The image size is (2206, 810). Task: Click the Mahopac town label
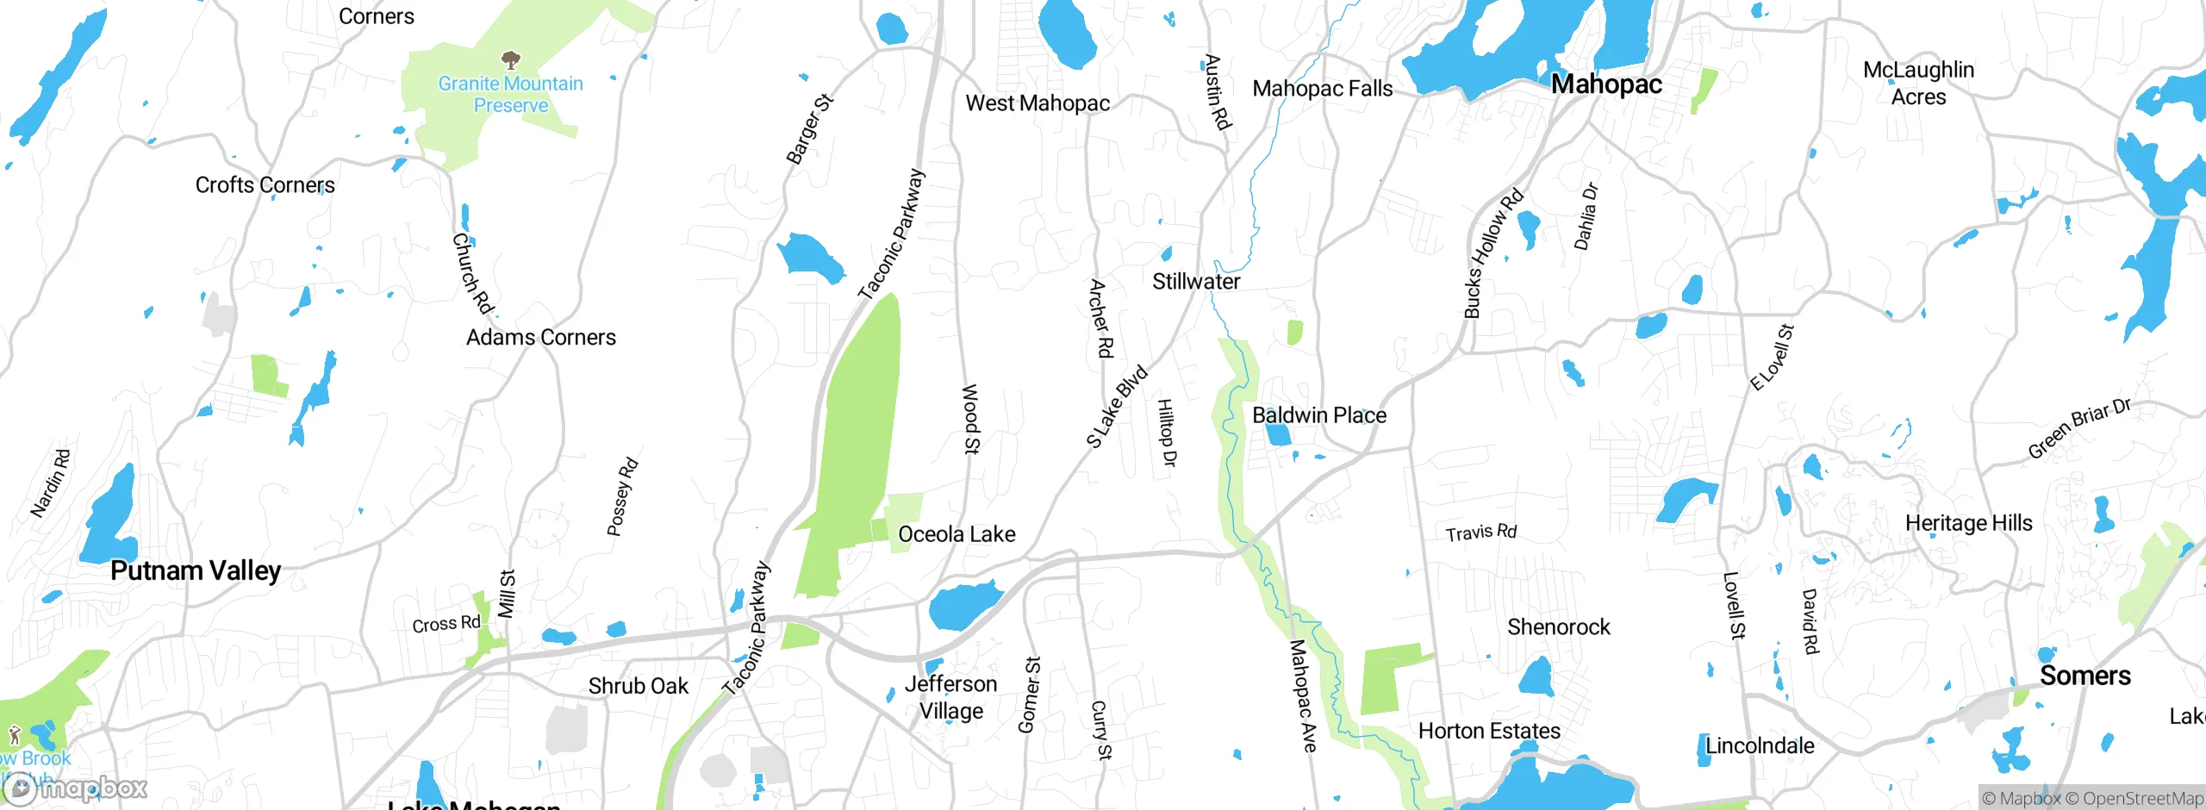pyautogui.click(x=1606, y=84)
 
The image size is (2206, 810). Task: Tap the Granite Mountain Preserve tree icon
pyautogui.click(x=511, y=59)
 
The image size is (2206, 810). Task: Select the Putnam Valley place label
pyautogui.click(x=196, y=570)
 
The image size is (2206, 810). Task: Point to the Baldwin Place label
pyautogui.click(x=1318, y=415)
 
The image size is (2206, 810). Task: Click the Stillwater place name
pyautogui.click(x=1196, y=282)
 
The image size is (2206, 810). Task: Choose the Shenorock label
pyautogui.click(x=1558, y=627)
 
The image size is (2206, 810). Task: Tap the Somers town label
pyautogui.click(x=2084, y=676)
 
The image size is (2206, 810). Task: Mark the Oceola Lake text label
pyautogui.click(x=957, y=534)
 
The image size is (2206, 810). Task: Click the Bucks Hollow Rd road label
pyautogui.click(x=1493, y=253)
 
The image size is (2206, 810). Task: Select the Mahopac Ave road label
pyautogui.click(x=1303, y=696)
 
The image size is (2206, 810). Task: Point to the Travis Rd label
pyautogui.click(x=1480, y=533)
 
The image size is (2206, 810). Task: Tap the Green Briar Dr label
pyautogui.click(x=2078, y=428)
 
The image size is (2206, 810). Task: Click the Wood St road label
pyautogui.click(x=970, y=420)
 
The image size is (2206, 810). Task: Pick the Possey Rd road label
pyautogui.click(x=622, y=496)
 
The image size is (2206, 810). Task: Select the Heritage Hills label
pyautogui.click(x=1968, y=523)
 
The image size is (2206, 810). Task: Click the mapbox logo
pyautogui.click(x=76, y=788)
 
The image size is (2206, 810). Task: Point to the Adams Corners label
pyautogui.click(x=540, y=338)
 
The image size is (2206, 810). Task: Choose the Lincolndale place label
pyautogui.click(x=1760, y=746)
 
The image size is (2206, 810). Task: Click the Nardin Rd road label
pyautogui.click(x=50, y=483)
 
